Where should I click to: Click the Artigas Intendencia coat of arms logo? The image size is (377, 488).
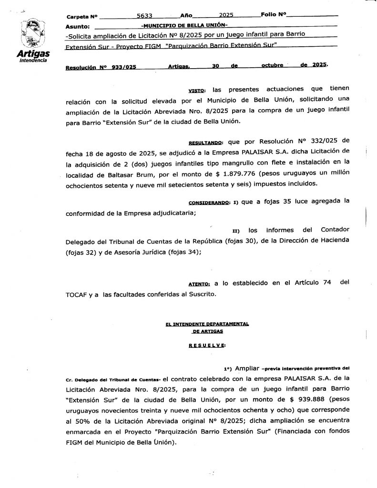pos(32,33)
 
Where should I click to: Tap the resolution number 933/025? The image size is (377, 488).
pos(124,68)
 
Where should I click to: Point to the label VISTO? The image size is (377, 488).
pos(196,90)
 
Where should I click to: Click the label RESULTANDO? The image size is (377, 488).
pos(205,142)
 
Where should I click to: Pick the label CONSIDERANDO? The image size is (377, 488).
pos(210,202)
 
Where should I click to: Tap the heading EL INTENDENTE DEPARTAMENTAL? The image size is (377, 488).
pos(207,324)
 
